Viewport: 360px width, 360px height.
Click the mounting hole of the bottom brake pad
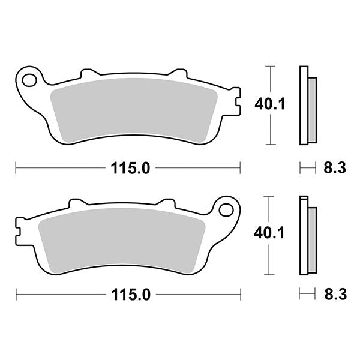click(226, 209)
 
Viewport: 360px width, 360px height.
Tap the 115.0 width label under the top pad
click(129, 169)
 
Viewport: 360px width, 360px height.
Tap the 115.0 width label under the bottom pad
click(129, 294)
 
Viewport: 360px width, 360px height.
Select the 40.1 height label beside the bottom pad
click(272, 232)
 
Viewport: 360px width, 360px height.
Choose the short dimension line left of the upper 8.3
click(307, 169)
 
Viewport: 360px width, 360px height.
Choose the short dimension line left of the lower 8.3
click(307, 294)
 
